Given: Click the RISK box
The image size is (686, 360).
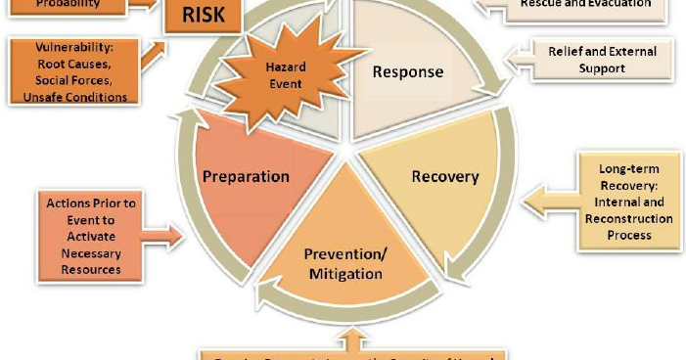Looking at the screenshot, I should pos(204,17).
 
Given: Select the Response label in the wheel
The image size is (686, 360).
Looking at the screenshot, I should pos(407,71).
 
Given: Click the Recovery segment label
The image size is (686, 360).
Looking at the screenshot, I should pos(445,177).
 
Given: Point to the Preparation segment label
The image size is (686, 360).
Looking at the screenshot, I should pos(246,177).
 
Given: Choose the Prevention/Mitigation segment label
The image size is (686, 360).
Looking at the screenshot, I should pos(344,264).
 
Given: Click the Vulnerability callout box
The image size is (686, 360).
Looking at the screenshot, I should pos(71,71).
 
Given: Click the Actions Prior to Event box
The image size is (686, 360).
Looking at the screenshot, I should pos(91,236).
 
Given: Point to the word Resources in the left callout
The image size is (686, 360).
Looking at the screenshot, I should pos(91,268).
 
